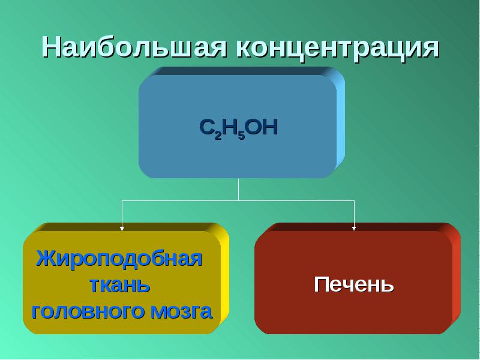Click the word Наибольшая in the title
[134, 47]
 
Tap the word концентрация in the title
[338, 49]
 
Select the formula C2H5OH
[238, 128]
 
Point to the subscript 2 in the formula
[218, 136]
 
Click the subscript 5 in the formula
[242, 136]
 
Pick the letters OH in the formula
[262, 127]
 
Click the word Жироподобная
[119, 259]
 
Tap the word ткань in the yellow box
[120, 286]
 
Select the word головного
[88, 311]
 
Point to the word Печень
[354, 285]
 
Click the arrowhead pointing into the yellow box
[122, 229]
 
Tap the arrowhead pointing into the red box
[354, 229]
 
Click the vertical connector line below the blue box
[238, 190]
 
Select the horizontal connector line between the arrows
[238, 201]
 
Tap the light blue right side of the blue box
[340, 119]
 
